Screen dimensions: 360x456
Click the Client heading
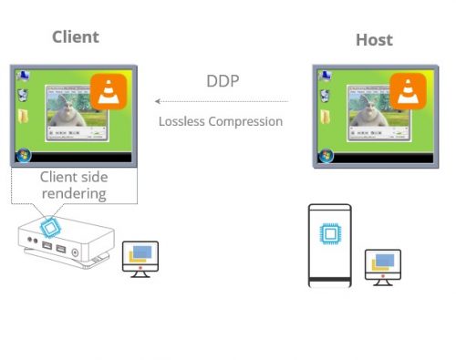[75, 37]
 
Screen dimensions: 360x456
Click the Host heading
[374, 40]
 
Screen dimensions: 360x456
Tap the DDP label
[222, 80]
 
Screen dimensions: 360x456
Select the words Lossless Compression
[221, 120]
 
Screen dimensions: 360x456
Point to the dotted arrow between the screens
[222, 101]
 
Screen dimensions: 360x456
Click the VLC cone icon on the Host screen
[408, 92]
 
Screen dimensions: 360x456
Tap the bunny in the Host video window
[369, 114]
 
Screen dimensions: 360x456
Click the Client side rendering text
[73, 185]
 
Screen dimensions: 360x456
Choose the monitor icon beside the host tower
[382, 264]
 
